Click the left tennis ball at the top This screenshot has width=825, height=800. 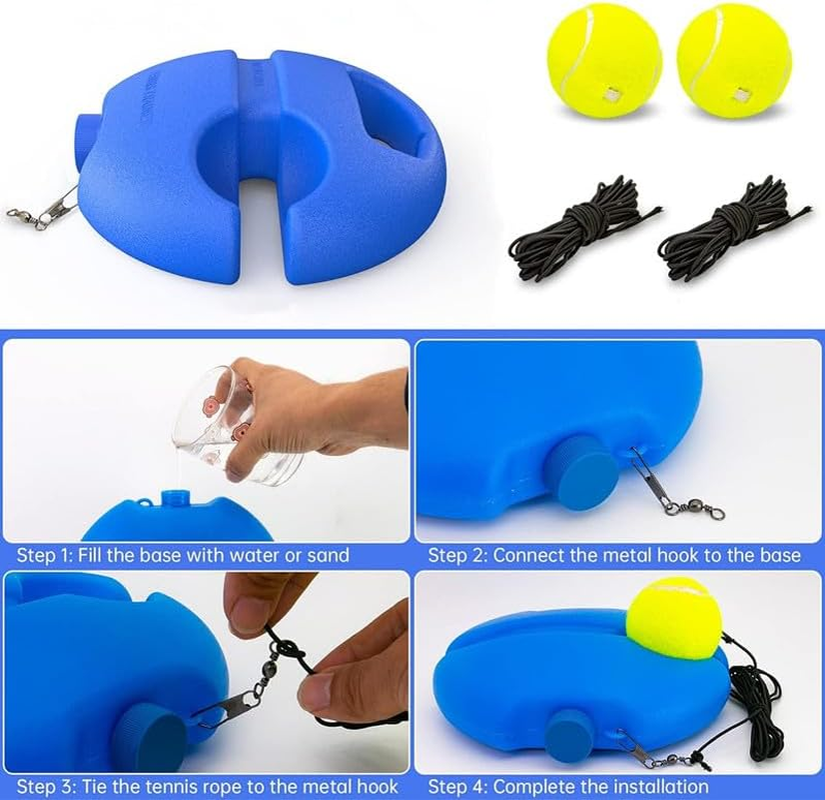pyautogui.click(x=604, y=59)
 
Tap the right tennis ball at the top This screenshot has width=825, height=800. pyautogui.click(x=734, y=61)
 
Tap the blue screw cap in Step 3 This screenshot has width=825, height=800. pyautogui.click(x=149, y=736)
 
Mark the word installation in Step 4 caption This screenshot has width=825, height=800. pyautogui.click(x=650, y=787)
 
